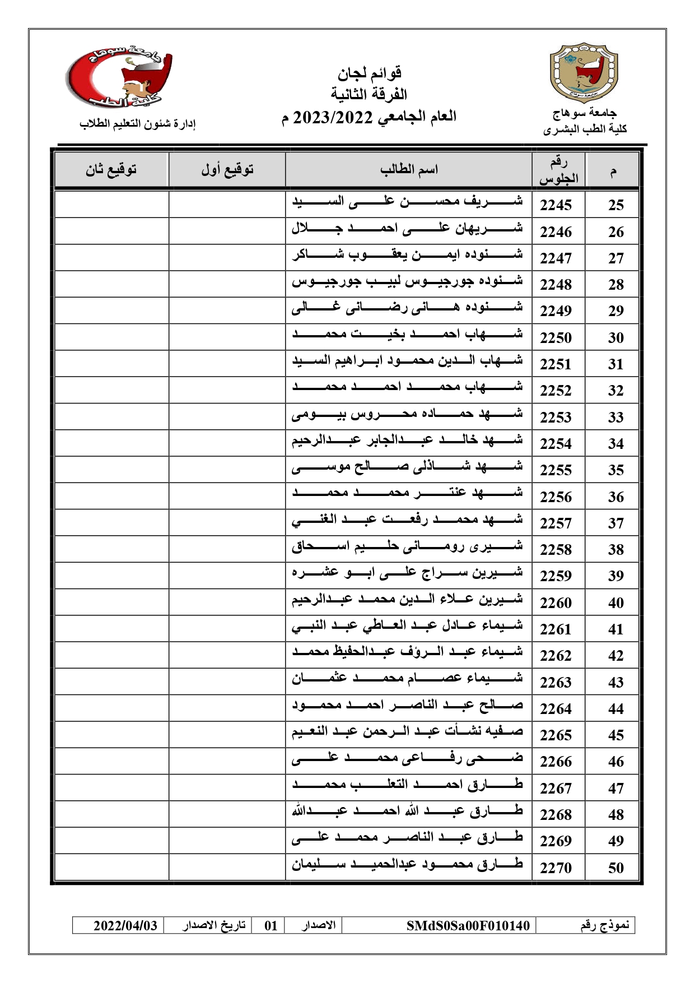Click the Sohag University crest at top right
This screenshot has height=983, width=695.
click(x=584, y=72)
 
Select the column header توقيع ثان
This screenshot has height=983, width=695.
click(x=111, y=169)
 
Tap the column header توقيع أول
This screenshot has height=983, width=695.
click(x=227, y=169)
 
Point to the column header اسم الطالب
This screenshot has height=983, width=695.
click(x=409, y=169)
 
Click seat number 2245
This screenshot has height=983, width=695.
click(x=556, y=205)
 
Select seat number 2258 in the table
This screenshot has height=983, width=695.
click(x=556, y=550)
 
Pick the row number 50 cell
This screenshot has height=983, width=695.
click(x=615, y=868)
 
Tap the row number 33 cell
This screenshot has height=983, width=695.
click(x=615, y=418)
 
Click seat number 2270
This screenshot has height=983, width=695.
click(x=556, y=868)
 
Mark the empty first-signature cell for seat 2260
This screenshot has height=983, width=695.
click(x=227, y=602)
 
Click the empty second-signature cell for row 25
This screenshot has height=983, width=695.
click(x=111, y=205)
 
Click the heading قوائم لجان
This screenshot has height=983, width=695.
click(x=370, y=73)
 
